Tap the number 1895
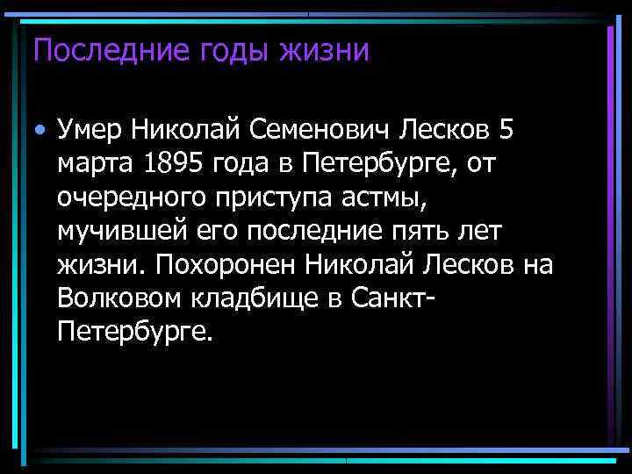[167, 163]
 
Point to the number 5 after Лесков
[503, 132]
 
